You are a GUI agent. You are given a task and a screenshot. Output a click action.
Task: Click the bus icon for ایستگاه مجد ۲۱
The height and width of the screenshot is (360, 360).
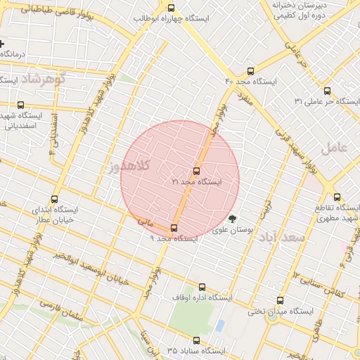pos(195,171)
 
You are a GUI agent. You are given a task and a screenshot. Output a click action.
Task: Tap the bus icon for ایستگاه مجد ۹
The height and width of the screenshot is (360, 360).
pos(174,228)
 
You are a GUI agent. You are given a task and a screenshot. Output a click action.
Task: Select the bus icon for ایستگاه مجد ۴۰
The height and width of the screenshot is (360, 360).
pos(251,71)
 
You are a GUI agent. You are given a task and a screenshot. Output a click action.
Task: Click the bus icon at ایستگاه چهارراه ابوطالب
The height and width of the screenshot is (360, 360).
pos(171,8)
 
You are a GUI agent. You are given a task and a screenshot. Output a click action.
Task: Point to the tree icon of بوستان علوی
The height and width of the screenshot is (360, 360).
pos(233,218)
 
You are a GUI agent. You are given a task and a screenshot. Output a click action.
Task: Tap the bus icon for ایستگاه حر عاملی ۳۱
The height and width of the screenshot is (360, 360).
pos(327,91)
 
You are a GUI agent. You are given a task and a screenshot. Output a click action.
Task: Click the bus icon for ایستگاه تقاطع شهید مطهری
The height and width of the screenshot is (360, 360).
pos(337,197)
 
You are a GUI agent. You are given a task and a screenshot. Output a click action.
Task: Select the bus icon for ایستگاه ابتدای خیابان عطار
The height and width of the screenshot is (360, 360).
pos(56,199)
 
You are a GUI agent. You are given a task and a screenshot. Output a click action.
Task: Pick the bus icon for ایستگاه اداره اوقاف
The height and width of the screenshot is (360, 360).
pos(202,287)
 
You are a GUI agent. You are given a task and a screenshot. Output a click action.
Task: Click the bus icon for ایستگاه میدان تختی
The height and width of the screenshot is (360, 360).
pos(281,300)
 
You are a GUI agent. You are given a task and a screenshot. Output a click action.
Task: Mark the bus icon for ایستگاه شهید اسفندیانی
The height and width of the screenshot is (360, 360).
pos(20,105)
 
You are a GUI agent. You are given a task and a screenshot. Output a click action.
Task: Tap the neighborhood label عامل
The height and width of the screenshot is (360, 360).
pos(334,148)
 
